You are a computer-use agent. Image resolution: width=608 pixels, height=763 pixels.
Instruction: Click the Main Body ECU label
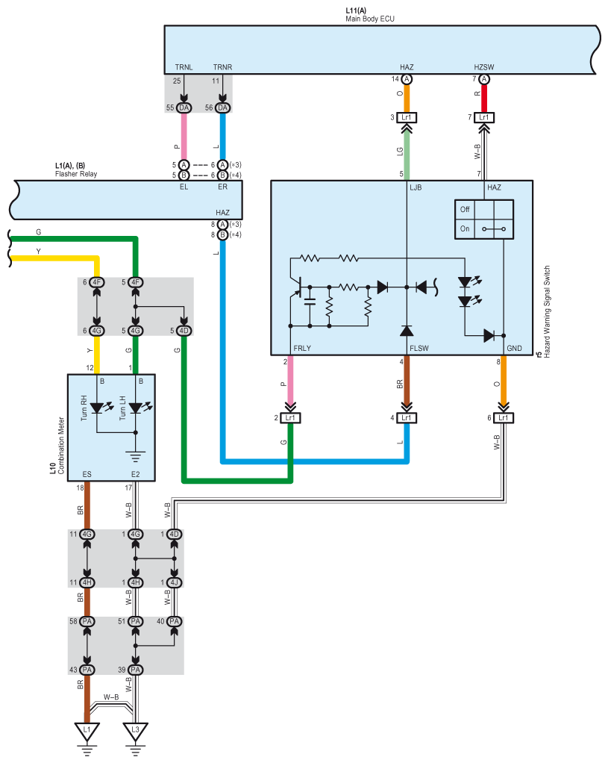point(370,19)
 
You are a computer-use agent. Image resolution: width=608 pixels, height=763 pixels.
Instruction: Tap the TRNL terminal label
point(184,67)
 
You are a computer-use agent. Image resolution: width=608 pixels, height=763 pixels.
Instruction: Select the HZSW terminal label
point(484,67)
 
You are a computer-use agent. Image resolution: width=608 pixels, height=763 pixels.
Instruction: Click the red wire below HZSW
point(484,99)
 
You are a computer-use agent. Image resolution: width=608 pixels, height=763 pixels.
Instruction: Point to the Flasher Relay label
point(76,174)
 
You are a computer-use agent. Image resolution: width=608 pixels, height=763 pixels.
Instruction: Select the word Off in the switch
point(465,209)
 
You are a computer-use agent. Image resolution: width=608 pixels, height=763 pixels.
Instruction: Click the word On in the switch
point(465,228)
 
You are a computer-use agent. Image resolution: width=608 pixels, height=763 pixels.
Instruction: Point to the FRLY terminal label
point(302,349)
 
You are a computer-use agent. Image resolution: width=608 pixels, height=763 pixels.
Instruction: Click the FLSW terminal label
point(419,349)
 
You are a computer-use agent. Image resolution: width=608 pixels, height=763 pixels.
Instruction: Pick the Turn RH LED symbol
point(100,408)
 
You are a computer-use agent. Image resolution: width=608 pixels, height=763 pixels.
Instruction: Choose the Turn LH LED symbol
point(139,408)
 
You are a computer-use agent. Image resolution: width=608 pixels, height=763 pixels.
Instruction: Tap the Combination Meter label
point(61,446)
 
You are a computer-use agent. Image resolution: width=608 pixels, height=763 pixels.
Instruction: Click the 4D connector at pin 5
point(184,331)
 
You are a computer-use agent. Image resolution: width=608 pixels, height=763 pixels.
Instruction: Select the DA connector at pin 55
point(184,108)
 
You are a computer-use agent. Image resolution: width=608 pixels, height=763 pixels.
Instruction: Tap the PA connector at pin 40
point(174,621)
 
